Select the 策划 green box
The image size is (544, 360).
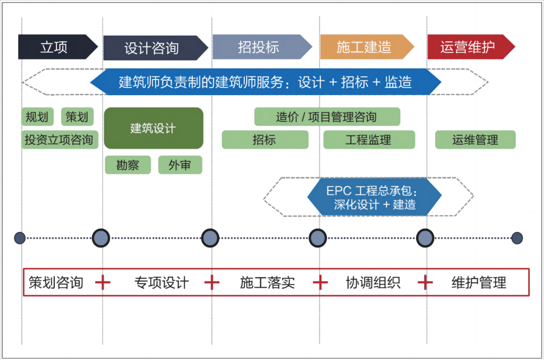tap(77, 117)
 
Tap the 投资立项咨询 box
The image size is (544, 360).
tap(59, 139)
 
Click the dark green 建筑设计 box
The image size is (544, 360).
tap(154, 128)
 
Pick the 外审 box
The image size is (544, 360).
tap(180, 165)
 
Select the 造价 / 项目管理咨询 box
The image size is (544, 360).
tap(327, 117)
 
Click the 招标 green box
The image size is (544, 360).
tap(265, 139)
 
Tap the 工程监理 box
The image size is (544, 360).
tap(369, 139)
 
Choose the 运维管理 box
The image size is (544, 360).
tap(475, 139)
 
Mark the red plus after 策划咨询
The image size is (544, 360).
tap(103, 282)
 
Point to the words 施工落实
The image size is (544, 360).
tap(267, 282)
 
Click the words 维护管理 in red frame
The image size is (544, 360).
tap(479, 282)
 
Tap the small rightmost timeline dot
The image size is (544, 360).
tap(517, 238)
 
